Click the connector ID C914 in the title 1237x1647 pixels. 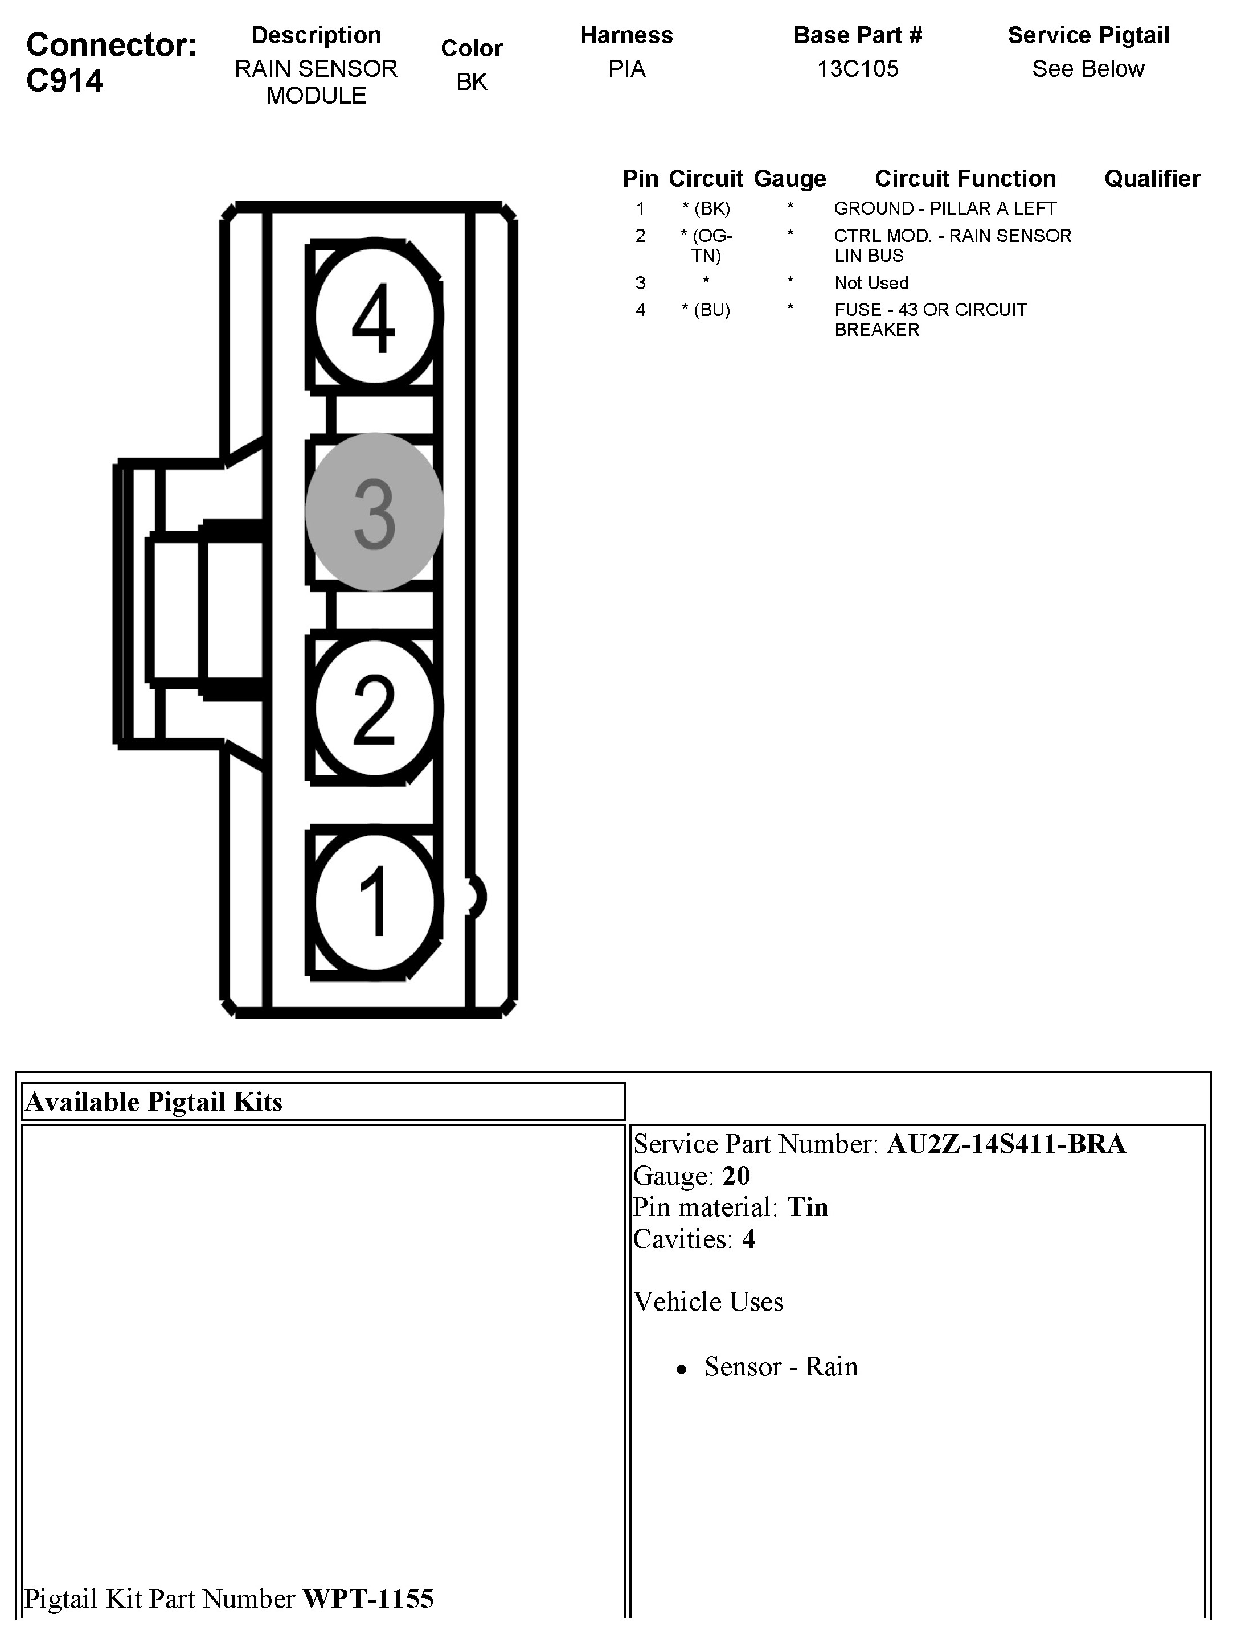click(65, 80)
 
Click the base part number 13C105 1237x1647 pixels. click(857, 69)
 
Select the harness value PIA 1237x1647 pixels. click(626, 69)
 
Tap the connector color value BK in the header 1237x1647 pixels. click(472, 82)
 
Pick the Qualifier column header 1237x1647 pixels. click(1152, 179)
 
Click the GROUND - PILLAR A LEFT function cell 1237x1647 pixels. click(944, 208)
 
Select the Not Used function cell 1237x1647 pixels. click(871, 283)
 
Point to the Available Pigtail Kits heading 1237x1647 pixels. click(154, 1102)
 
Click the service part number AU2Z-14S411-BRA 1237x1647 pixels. click(1005, 1144)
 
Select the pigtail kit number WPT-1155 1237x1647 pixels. click(368, 1599)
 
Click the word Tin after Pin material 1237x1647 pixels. click(807, 1207)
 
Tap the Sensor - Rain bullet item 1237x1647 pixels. click(780, 1367)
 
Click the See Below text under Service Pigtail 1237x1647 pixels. click(1087, 69)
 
